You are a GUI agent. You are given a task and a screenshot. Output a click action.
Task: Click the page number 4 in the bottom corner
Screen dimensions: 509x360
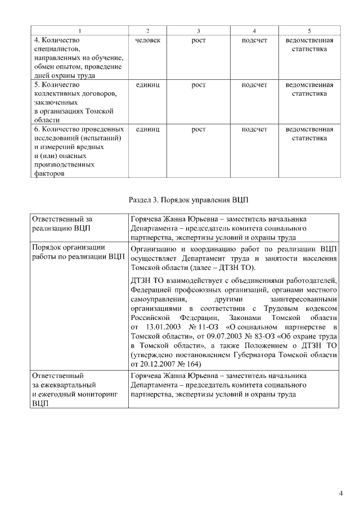(340, 494)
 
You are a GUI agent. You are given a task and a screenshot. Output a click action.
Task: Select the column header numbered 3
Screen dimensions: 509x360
(198, 30)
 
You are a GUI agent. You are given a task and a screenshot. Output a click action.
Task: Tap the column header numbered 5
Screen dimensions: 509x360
(309, 30)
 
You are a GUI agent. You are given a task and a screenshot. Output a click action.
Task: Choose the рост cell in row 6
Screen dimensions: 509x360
(198, 129)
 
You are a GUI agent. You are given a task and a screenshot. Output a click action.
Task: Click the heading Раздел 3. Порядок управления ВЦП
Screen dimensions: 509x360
(188, 199)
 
